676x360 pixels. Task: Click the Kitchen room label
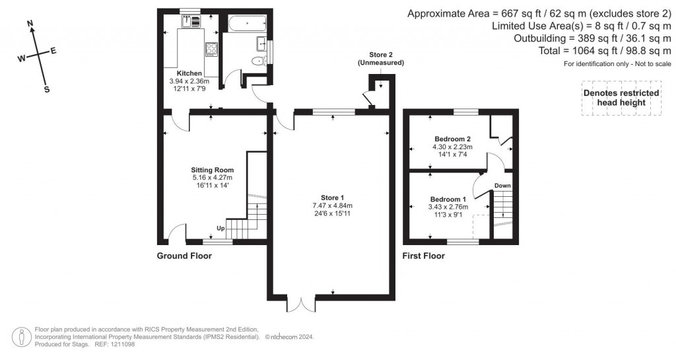[189, 73]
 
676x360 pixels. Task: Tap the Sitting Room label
[213, 170]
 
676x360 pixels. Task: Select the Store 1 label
[333, 198]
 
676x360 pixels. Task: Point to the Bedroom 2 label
[452, 139]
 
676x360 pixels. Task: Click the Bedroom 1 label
[448, 199]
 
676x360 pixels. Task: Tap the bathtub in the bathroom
[247, 24]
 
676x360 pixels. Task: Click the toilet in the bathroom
[259, 61]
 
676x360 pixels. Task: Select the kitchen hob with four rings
[211, 49]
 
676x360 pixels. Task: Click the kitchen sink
[191, 21]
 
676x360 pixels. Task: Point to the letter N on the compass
[30, 24]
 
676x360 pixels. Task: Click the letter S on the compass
[47, 90]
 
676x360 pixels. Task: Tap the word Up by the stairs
[220, 229]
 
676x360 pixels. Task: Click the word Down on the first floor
[502, 186]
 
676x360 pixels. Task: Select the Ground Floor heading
[184, 256]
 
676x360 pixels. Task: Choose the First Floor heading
[423, 256]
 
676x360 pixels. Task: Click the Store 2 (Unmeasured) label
[381, 59]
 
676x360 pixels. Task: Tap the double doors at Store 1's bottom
[301, 304]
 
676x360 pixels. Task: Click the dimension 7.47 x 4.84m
[333, 205]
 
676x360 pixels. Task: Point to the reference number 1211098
[122, 345]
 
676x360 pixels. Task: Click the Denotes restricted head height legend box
[621, 98]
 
